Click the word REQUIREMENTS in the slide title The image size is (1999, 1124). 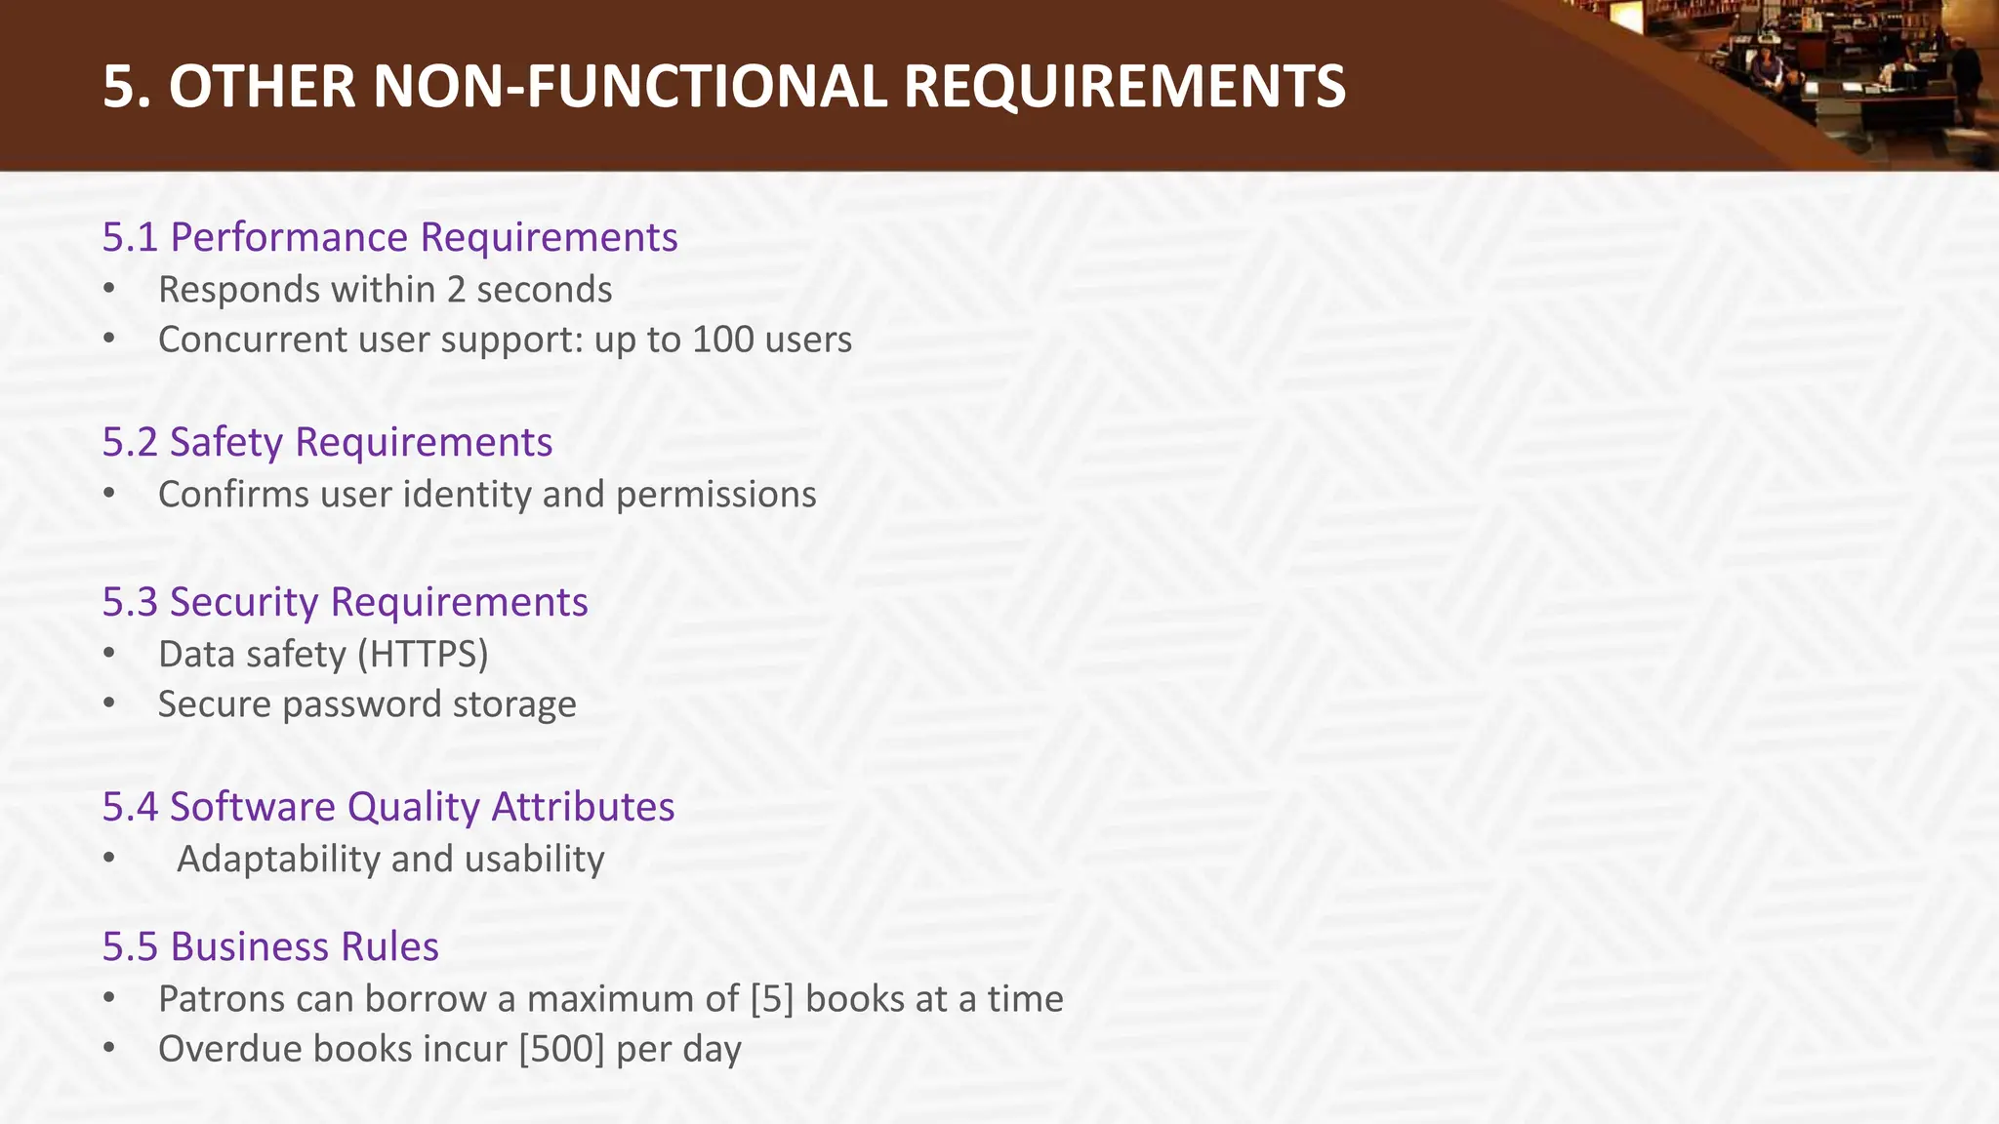[x=1124, y=86]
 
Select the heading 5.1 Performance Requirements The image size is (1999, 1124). [x=389, y=237]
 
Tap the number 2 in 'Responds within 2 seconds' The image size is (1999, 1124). [x=456, y=290]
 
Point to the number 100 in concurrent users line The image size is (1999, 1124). [x=722, y=340]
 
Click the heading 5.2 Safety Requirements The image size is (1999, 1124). [x=327, y=442]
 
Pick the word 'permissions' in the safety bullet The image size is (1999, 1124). [x=715, y=495]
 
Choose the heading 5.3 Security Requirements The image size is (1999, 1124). [x=345, y=602]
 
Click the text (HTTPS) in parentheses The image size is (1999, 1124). [x=422, y=654]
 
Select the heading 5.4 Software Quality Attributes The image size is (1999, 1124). [x=388, y=807]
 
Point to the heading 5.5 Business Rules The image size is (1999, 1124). [x=270, y=946]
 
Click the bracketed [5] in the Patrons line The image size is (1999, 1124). [x=772, y=999]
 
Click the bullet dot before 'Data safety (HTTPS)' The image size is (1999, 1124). [x=108, y=655]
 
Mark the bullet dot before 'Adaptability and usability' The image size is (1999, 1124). [x=108, y=860]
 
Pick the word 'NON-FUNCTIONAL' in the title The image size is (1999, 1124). [x=631, y=86]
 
